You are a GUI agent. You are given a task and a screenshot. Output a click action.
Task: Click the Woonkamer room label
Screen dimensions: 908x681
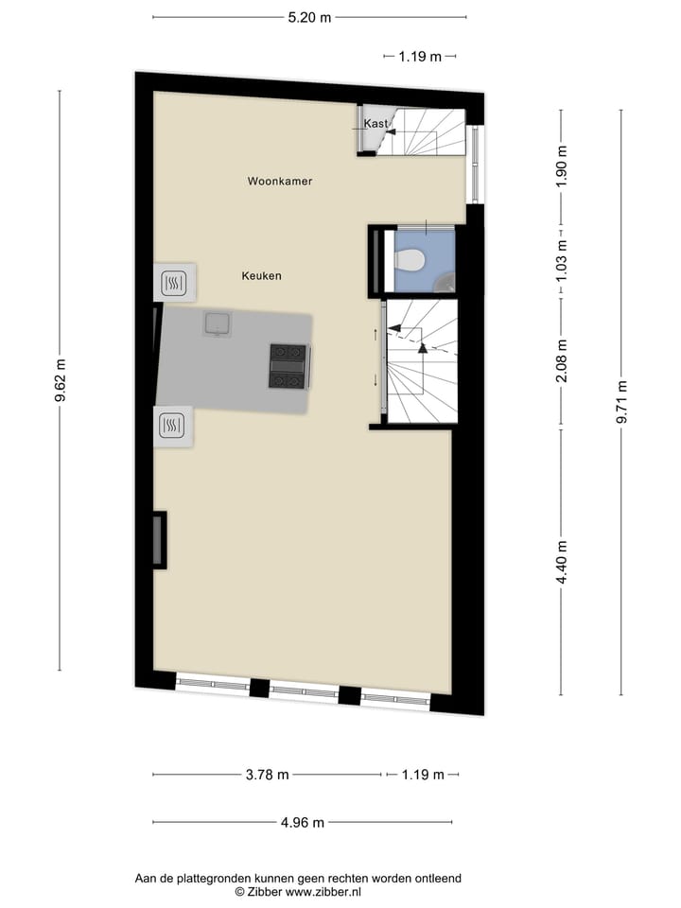pyautogui.click(x=280, y=181)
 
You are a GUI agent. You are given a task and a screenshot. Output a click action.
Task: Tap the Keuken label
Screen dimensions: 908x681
pyautogui.click(x=261, y=276)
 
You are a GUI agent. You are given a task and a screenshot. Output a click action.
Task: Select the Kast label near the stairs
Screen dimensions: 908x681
pyautogui.click(x=375, y=124)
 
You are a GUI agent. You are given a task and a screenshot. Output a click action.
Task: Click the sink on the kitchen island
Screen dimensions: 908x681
pyautogui.click(x=218, y=324)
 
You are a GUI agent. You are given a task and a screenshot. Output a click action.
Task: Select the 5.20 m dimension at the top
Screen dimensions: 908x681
pyautogui.click(x=310, y=17)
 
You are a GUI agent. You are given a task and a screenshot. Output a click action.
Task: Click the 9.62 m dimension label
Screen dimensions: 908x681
pyautogui.click(x=61, y=381)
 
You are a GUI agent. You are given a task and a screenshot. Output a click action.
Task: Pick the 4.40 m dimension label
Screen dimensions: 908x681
pyautogui.click(x=563, y=562)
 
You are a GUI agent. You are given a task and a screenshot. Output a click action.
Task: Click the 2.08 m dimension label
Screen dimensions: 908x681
pyautogui.click(x=563, y=360)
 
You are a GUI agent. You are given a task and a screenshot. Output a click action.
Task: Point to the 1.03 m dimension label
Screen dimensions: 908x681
pyautogui.click(x=563, y=255)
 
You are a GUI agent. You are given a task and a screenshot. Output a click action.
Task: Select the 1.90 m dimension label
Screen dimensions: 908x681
pyautogui.click(x=563, y=168)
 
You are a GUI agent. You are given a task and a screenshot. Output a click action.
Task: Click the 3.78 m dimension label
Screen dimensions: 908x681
pyautogui.click(x=267, y=776)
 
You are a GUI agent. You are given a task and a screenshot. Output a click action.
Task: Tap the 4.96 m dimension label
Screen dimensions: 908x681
pyautogui.click(x=303, y=823)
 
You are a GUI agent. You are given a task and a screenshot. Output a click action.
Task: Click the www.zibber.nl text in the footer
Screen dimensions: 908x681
pyautogui.click(x=323, y=892)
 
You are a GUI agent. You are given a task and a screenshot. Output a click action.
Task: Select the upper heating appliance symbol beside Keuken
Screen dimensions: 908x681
pyautogui.click(x=174, y=282)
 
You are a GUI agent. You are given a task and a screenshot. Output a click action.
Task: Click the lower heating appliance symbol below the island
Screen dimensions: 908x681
pyautogui.click(x=172, y=426)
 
